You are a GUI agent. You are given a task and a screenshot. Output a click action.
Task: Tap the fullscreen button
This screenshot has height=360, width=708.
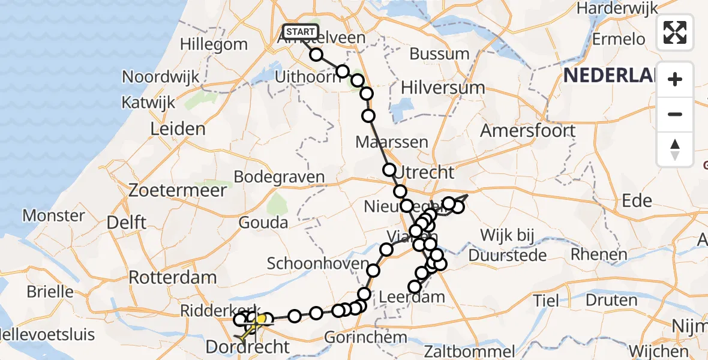[x=675, y=32]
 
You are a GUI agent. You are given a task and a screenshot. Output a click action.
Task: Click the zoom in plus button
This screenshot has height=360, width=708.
[x=675, y=79]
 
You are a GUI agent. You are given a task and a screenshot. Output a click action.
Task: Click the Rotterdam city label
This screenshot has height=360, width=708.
[x=173, y=278]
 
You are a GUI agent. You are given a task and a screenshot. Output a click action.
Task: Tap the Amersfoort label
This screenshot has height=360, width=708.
[x=528, y=130]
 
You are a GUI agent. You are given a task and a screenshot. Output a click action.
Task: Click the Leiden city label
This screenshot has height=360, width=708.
[x=178, y=129]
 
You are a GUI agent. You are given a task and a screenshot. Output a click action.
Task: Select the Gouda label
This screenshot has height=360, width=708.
[x=263, y=223]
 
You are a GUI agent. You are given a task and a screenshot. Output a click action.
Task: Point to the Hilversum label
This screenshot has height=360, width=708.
[x=443, y=88]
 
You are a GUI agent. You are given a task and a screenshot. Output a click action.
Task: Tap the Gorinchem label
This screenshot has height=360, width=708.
[x=359, y=338]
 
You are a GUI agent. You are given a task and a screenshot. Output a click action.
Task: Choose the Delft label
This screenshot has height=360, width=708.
[x=126, y=223]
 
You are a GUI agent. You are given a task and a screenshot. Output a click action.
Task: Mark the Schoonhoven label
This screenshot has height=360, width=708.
[x=317, y=264]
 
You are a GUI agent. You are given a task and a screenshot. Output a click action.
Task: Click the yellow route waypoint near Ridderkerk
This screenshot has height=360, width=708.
[x=261, y=319]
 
